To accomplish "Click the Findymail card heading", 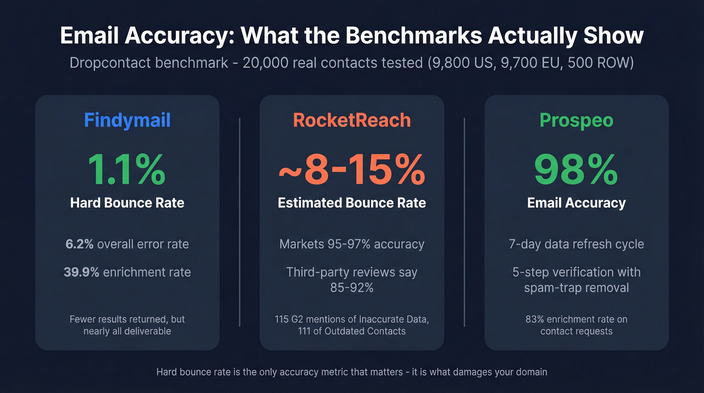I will pos(127,120).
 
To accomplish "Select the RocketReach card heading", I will pos(352,120).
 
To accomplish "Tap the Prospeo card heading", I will pos(576,120).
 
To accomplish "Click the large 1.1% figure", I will pos(127,170).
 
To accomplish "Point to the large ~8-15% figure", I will pos(352,170).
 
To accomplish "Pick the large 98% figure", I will pos(576,170).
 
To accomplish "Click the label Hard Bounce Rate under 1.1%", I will pos(127,203).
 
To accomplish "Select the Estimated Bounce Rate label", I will pos(352,203).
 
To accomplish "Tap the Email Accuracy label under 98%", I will pos(576,203).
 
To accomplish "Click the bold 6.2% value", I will pos(79,244).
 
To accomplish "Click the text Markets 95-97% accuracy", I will pos(352,244).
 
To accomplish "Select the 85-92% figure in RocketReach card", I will pos(352,288).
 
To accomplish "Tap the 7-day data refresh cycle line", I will pos(576,244).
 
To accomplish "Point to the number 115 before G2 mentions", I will pos(282,319).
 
